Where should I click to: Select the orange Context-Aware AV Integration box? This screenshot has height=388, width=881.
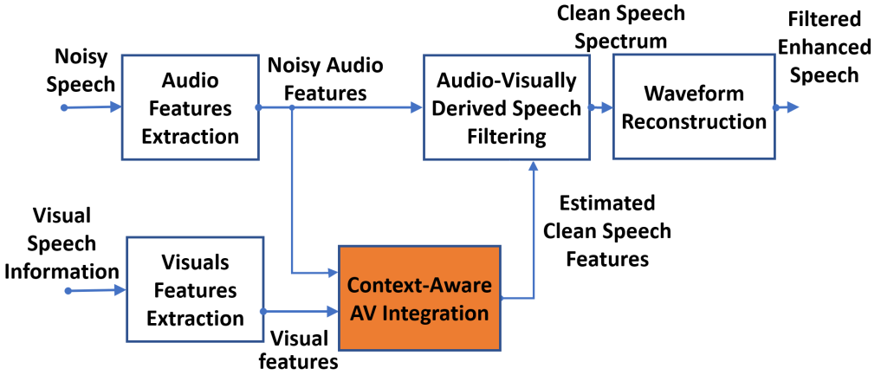[419, 298]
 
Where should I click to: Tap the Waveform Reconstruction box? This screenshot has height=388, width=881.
[694, 107]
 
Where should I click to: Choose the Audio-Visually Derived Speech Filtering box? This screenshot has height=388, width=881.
[506, 107]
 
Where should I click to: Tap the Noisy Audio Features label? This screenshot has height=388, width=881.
[325, 79]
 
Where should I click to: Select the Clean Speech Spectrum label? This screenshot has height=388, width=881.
[621, 26]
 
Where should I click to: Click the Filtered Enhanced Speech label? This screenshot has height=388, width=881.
[824, 47]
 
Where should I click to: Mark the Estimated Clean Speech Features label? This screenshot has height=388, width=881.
[606, 230]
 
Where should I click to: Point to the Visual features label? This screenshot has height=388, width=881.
[299, 350]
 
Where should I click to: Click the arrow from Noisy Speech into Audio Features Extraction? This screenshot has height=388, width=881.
[92, 107]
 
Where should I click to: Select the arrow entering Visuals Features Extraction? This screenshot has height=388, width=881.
[96, 290]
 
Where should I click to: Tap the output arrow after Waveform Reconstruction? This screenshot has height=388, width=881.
[786, 107]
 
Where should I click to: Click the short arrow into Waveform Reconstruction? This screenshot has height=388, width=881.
[600, 107]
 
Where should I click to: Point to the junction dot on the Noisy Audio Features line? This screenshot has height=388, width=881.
[292, 107]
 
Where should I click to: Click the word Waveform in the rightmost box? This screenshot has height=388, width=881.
[694, 93]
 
